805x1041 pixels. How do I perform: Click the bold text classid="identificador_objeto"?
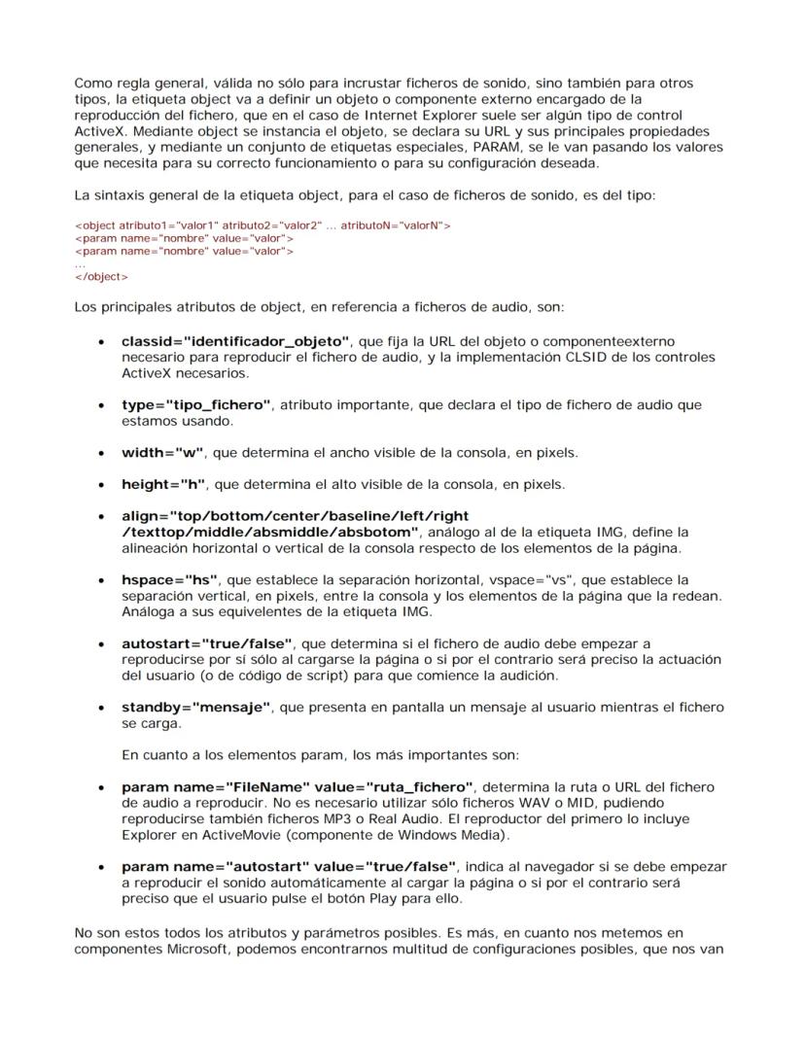tap(234, 342)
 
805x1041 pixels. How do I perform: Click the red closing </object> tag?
tap(101, 277)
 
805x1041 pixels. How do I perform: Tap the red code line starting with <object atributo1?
tap(262, 226)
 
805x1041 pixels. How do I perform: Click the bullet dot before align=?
tap(102, 517)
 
